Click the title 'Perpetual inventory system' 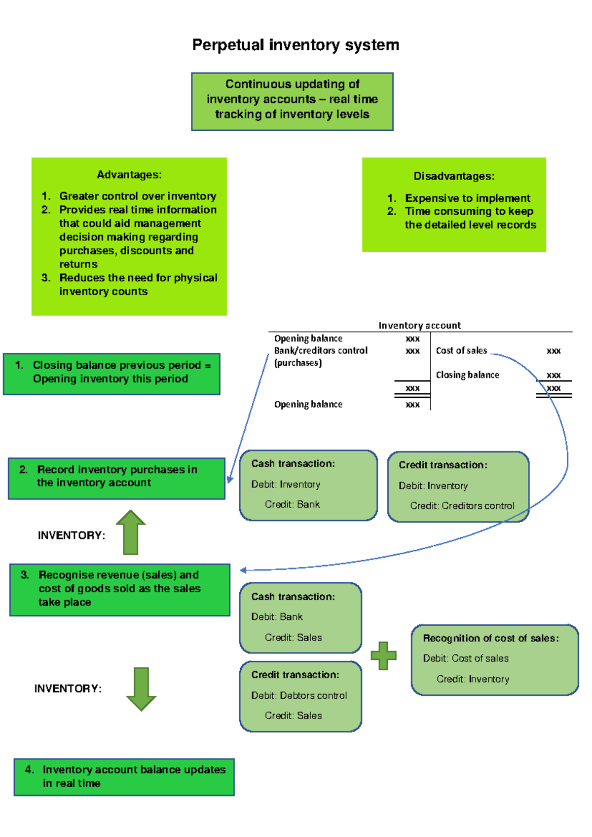(296, 45)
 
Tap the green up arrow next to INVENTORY (131, 533)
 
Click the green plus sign (384, 656)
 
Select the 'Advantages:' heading (129, 175)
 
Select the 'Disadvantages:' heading (454, 176)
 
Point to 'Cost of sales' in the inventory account (461, 350)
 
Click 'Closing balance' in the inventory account (467, 375)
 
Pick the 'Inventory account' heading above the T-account (419, 325)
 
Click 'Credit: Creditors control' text (462, 506)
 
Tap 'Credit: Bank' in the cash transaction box (292, 504)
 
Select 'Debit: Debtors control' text (299, 695)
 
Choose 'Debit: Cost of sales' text (466, 658)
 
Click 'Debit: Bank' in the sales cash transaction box (277, 617)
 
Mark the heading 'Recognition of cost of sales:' (491, 638)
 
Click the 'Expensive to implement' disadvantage (467, 198)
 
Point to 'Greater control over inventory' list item (138, 196)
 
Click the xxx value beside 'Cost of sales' (554, 351)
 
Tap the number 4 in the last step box (29, 769)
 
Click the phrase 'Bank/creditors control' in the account (321, 350)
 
